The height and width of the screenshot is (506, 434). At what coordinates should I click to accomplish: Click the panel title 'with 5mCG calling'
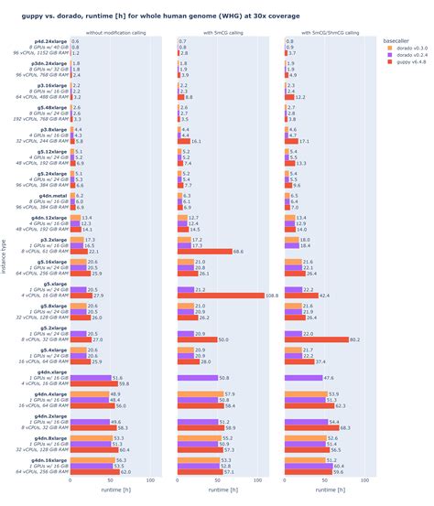click(x=222, y=34)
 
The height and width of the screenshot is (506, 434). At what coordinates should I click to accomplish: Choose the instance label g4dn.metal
click(x=50, y=195)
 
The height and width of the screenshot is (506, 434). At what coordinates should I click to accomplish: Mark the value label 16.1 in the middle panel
click(x=196, y=141)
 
